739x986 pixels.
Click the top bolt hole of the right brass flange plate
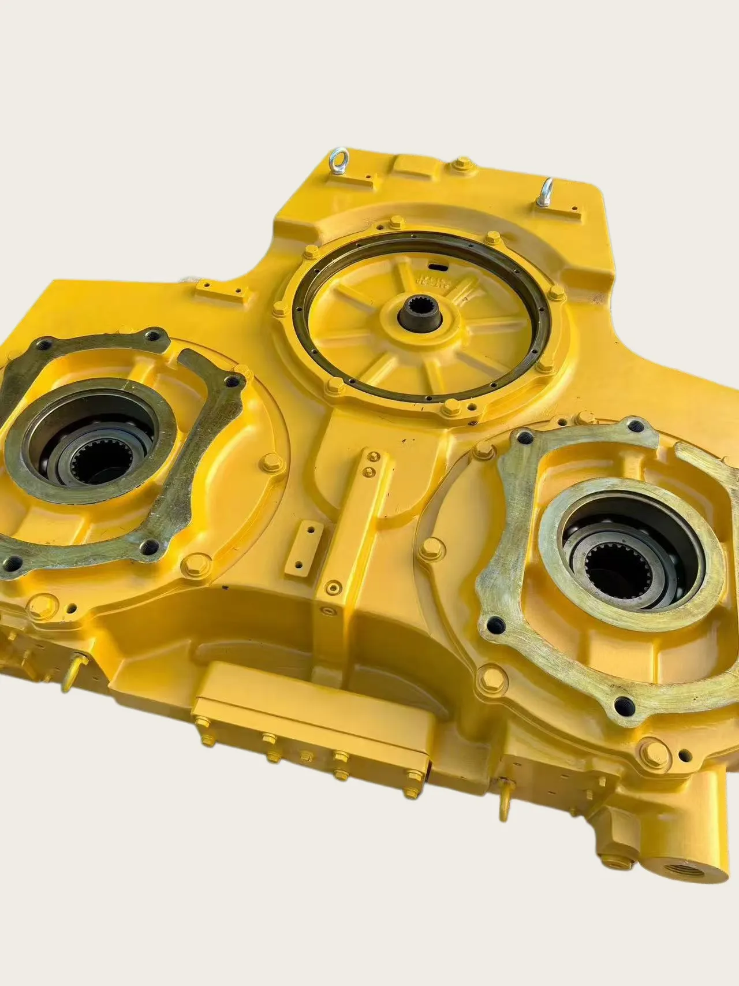(x=636, y=427)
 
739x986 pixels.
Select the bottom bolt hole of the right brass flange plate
(x=622, y=705)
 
